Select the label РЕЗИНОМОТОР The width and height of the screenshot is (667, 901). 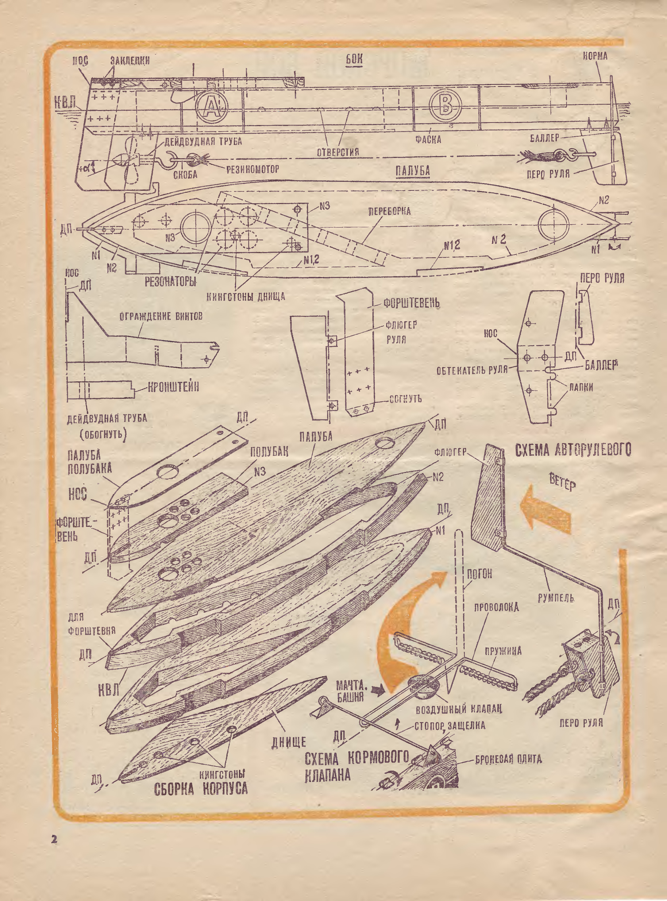coord(252,169)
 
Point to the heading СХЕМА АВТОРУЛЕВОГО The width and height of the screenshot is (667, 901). coord(573,450)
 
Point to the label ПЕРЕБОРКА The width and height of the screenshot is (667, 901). coord(389,211)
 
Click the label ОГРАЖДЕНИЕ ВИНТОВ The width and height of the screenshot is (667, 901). coord(161,316)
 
